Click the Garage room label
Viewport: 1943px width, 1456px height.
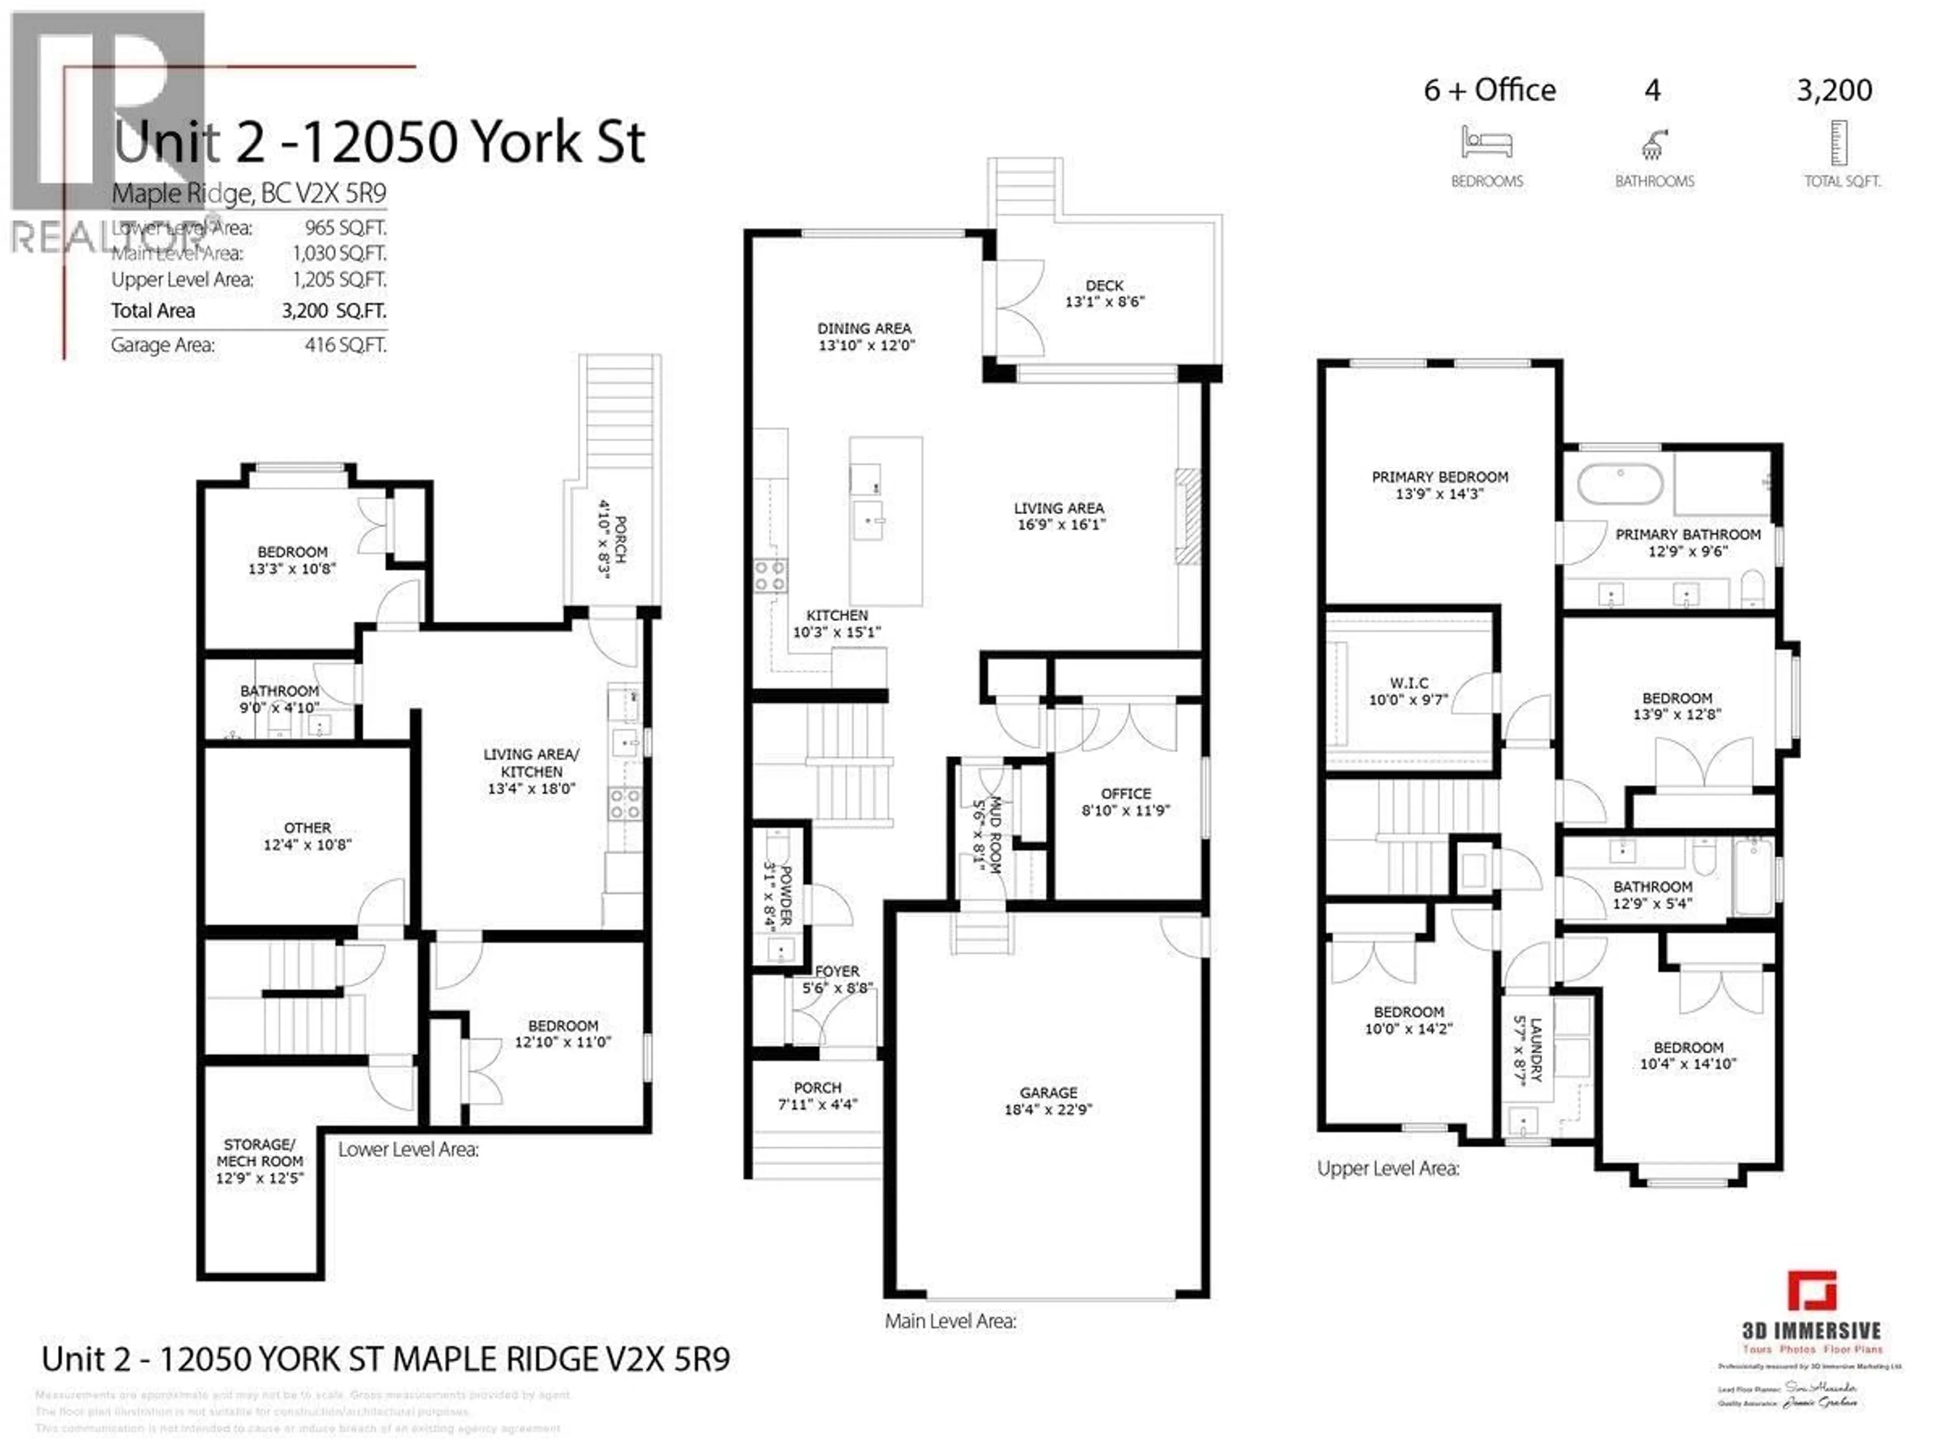pyautogui.click(x=1048, y=1092)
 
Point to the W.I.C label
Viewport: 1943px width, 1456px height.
pyautogui.click(x=1409, y=683)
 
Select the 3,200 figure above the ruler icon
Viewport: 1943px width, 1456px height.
pyautogui.click(x=1834, y=91)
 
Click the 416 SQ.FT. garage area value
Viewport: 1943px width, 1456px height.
pyautogui.click(x=345, y=345)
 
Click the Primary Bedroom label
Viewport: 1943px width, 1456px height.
pyautogui.click(x=1440, y=477)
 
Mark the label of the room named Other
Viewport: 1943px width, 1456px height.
pyautogui.click(x=308, y=828)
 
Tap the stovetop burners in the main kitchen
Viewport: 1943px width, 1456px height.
pyautogui.click(x=770, y=575)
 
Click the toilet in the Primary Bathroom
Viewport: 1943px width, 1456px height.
pyautogui.click(x=1752, y=588)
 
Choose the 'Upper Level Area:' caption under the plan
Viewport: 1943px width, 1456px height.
pyautogui.click(x=1388, y=1169)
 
